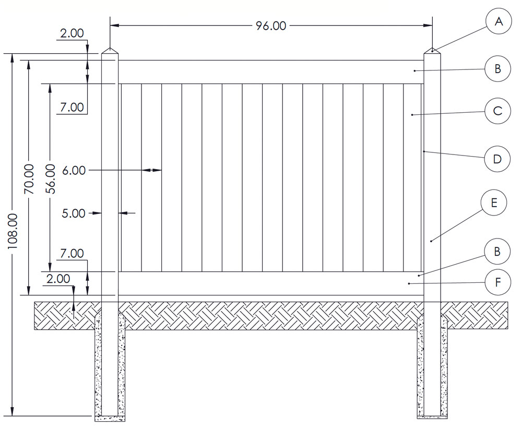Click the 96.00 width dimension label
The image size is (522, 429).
click(271, 26)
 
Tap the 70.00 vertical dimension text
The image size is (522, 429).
click(29, 178)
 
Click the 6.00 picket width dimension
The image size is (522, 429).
click(73, 170)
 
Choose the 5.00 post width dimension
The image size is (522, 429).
click(73, 213)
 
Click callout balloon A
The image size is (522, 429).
click(498, 22)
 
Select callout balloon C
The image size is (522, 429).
click(497, 111)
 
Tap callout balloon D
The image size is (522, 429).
click(497, 159)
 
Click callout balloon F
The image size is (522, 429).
click(497, 283)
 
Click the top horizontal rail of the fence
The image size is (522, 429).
click(271, 72)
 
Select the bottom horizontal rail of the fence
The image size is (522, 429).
click(271, 283)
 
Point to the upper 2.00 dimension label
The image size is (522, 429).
click(72, 33)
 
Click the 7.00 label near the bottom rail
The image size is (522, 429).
click(72, 254)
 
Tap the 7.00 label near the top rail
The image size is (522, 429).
click(72, 108)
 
